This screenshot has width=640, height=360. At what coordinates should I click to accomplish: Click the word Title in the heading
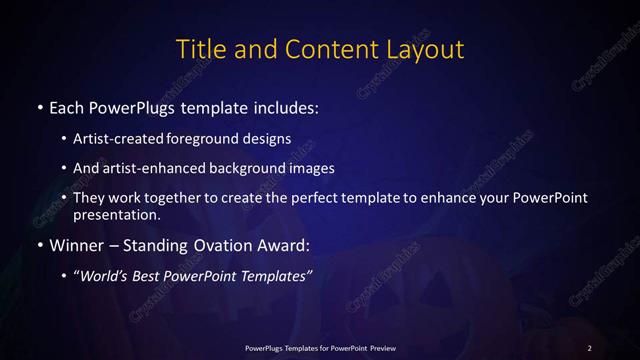pos(200,49)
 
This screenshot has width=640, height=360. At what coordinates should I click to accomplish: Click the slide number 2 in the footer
pos(590,347)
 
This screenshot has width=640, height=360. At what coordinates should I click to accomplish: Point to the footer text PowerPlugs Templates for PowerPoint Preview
pos(320,347)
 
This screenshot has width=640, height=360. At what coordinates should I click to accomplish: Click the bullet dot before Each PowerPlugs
pos(39,106)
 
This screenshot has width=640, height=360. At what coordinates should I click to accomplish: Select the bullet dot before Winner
pos(39,244)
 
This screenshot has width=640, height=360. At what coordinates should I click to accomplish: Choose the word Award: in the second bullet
pos(283,244)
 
